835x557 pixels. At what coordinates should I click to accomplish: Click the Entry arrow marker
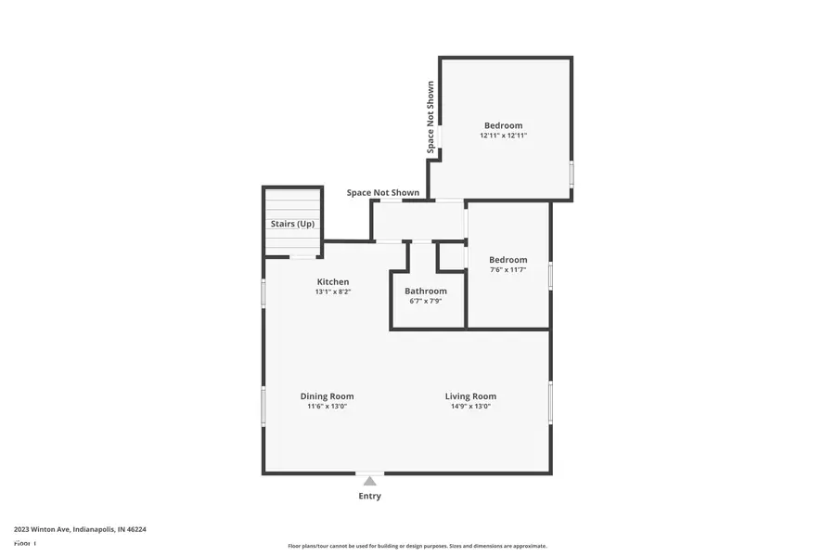[369, 480]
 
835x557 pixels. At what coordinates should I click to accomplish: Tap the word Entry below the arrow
[369, 497]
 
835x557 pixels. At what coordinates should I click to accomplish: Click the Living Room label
[470, 396]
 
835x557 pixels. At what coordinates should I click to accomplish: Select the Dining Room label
[327, 396]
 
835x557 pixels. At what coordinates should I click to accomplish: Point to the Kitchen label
[333, 282]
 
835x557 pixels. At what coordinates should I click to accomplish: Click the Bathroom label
[425, 291]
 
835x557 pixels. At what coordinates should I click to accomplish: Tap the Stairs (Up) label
[292, 225]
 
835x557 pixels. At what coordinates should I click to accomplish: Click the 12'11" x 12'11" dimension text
[503, 136]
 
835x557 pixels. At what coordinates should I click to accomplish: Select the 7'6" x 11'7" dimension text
[508, 270]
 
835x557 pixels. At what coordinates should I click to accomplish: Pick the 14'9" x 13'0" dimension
[470, 407]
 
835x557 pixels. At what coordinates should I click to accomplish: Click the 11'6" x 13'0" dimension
[327, 407]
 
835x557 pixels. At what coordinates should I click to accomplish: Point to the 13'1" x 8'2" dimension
[333, 292]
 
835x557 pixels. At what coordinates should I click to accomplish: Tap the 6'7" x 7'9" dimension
[425, 302]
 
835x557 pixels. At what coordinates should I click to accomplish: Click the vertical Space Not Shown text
[430, 117]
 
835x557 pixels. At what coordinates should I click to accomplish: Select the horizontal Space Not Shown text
[382, 193]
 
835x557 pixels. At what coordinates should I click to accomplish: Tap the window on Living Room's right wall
[550, 402]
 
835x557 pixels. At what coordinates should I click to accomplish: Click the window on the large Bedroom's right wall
[572, 174]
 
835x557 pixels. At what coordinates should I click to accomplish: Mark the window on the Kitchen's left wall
[263, 293]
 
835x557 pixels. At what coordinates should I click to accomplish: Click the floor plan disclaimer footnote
[417, 546]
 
